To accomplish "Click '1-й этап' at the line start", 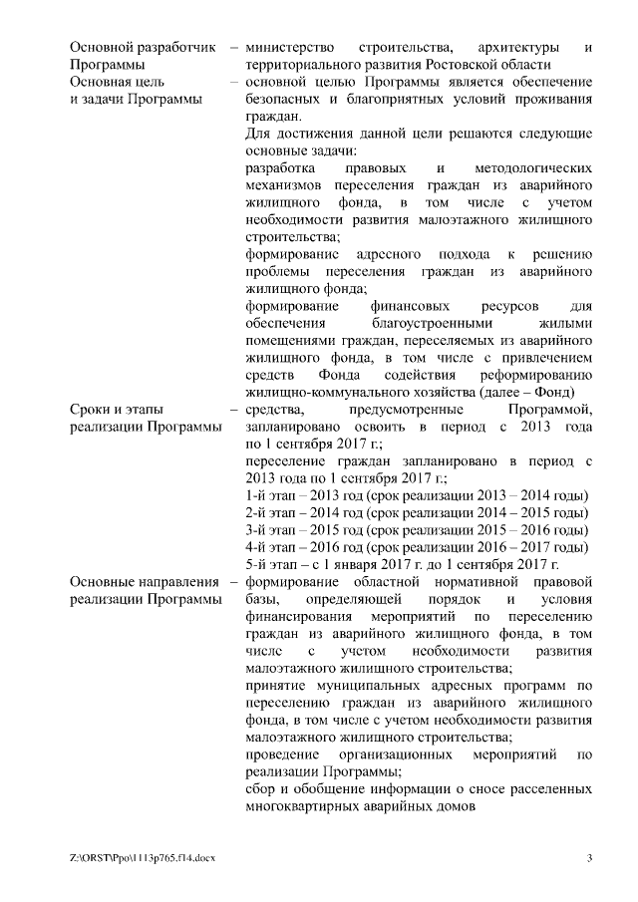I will (273, 496).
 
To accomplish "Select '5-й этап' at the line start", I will (273, 565).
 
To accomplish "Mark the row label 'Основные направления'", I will (145, 582).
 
